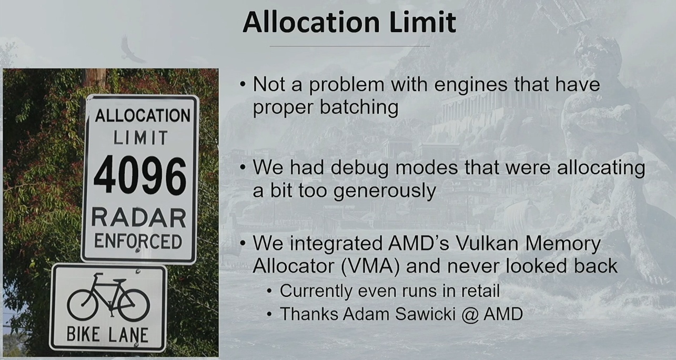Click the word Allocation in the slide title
(x=311, y=23)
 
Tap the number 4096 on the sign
(x=140, y=176)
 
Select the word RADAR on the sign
(x=138, y=217)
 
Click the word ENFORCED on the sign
(x=138, y=241)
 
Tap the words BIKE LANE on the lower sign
(x=107, y=335)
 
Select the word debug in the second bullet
(x=359, y=168)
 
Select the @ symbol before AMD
(x=470, y=315)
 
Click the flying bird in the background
(x=132, y=50)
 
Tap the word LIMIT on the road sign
(x=140, y=138)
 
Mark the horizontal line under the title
(x=349, y=46)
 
